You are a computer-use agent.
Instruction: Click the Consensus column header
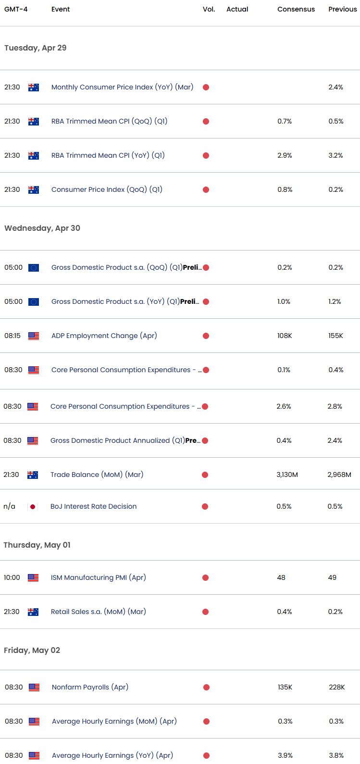(296, 9)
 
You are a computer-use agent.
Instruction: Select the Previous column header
(342, 9)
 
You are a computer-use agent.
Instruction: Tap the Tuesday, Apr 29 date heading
(36, 48)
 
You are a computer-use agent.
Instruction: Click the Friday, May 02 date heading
(32, 650)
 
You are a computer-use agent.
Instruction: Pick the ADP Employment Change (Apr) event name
(104, 336)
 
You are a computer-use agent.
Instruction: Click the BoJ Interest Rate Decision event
(93, 506)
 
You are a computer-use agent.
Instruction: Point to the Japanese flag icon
(33, 507)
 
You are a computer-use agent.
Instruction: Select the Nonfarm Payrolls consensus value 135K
(285, 687)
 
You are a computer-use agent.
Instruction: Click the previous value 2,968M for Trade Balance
(339, 475)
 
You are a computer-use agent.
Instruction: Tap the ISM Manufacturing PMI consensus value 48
(281, 577)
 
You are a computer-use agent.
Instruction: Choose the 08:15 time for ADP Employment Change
(12, 336)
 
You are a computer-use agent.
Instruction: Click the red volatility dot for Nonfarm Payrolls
(206, 688)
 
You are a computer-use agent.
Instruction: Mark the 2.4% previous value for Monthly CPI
(335, 87)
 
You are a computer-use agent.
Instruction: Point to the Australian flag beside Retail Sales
(33, 612)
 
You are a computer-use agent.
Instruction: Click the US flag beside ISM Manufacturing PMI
(33, 578)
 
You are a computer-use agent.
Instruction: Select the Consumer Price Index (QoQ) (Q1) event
(107, 189)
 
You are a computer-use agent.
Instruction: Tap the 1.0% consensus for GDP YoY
(284, 301)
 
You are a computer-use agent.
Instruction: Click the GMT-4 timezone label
(16, 9)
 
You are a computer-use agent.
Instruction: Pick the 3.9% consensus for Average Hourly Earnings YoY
(285, 755)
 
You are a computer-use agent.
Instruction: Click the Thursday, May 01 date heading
(37, 545)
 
